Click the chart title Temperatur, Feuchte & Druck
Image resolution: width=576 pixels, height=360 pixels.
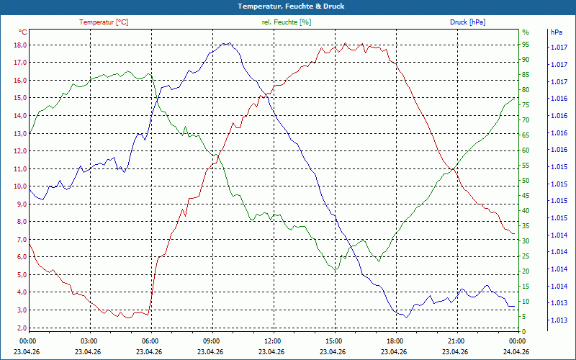288,6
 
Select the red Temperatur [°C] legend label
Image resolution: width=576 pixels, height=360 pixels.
104,22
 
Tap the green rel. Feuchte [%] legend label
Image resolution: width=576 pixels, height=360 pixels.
287,22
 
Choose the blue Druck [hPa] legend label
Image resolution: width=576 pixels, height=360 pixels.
467,22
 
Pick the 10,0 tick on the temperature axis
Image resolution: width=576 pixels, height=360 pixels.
19,186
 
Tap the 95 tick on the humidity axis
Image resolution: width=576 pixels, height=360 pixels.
526,44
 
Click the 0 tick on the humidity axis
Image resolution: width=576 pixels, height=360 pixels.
524,332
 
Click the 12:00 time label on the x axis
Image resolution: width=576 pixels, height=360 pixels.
273,341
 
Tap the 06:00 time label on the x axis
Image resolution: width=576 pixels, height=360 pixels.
150,341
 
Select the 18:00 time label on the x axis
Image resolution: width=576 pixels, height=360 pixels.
395,341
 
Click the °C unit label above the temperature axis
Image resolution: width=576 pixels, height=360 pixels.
22,32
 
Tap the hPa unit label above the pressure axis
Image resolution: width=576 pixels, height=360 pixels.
556,32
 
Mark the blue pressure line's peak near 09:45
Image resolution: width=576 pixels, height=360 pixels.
227,43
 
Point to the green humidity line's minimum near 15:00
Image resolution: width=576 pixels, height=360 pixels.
335,270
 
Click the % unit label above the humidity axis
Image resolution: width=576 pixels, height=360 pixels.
525,32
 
